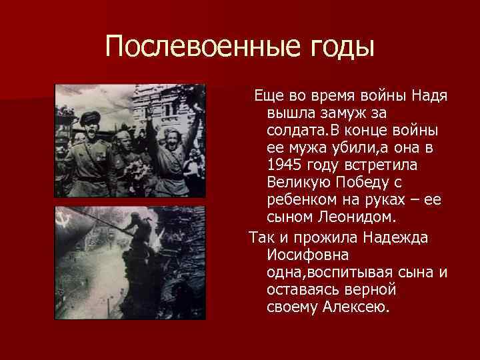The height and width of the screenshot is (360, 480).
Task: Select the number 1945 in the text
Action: click(x=283, y=165)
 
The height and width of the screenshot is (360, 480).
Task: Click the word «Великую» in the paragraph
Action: click(x=297, y=182)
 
